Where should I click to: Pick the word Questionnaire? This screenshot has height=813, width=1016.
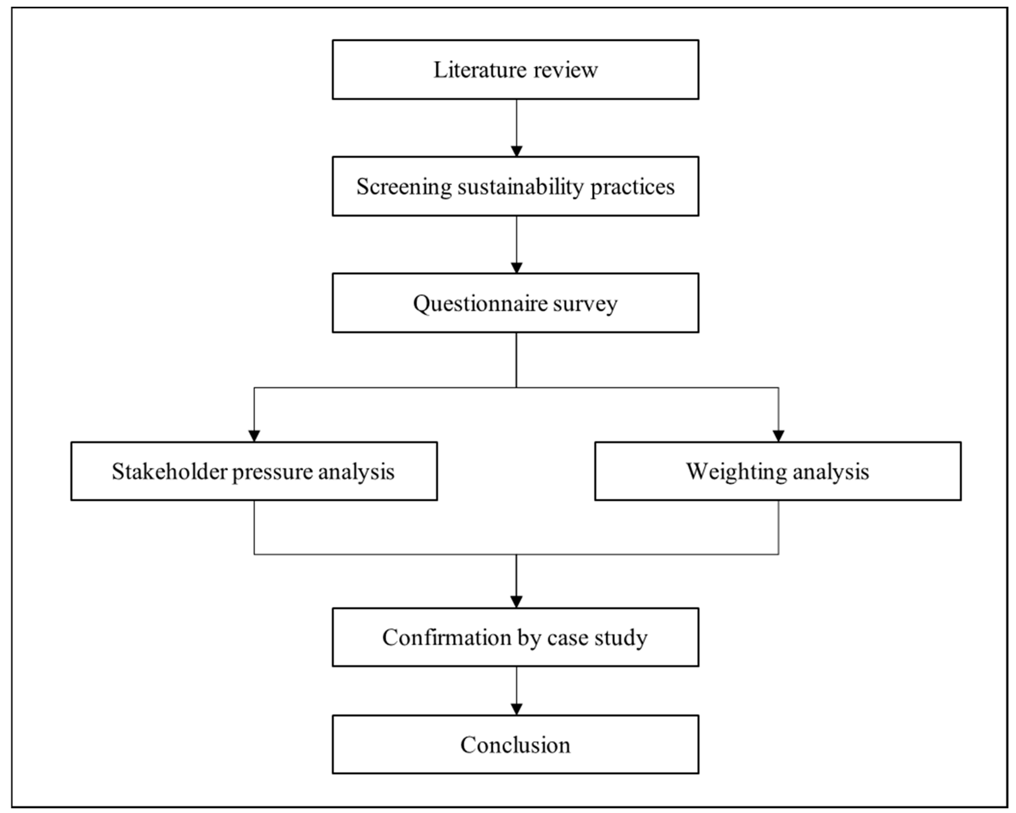tap(480, 303)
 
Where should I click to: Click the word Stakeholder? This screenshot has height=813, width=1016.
tap(169, 471)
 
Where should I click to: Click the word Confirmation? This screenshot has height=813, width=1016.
tap(446, 638)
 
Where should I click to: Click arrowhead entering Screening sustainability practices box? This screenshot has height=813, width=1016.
tap(517, 151)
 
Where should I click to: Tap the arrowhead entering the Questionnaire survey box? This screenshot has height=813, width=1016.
tap(517, 268)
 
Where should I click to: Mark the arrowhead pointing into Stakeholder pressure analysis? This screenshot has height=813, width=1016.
tap(254, 436)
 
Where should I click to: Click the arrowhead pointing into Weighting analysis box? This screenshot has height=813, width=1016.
tap(778, 436)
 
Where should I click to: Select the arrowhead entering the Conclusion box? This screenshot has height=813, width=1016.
tap(517, 709)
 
